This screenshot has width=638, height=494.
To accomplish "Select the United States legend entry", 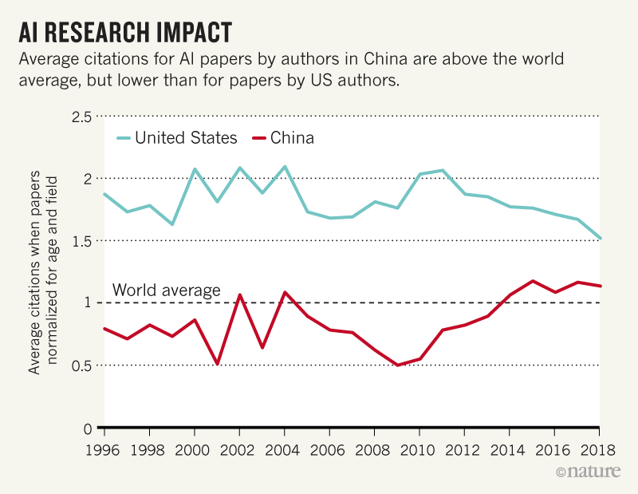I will pos(185,138).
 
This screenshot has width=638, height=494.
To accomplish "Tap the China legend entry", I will pos(292,138).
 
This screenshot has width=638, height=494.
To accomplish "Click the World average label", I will pos(166,290).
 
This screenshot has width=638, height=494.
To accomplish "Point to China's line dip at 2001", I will pos(217,364).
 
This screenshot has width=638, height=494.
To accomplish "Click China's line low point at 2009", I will pos(397,365).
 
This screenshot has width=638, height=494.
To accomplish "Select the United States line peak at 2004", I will pos(285,167).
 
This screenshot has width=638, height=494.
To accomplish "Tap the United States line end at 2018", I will pos(600,238).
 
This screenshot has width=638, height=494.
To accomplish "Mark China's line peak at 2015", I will pos(533,281).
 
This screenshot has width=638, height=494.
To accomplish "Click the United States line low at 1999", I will pos(172,224).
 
